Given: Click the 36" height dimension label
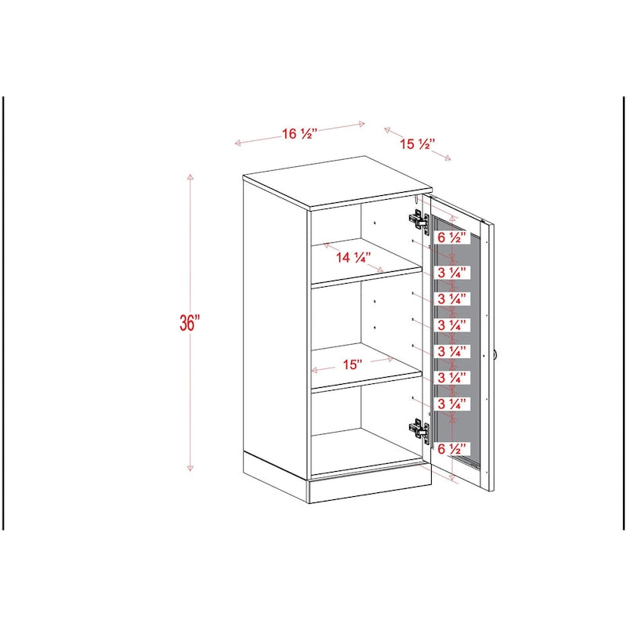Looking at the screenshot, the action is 190,323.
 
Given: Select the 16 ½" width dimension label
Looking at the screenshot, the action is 300,133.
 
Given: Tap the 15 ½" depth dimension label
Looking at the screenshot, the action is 418,143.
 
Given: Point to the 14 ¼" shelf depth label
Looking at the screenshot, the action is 354,258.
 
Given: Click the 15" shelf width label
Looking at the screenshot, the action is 352,364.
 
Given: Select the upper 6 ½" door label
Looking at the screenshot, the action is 452,237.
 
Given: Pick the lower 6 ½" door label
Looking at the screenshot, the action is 452,448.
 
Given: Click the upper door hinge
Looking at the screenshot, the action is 419,221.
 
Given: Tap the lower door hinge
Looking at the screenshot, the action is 419,429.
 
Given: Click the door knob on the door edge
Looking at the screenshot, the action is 496,355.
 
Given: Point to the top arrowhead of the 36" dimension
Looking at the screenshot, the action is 190,177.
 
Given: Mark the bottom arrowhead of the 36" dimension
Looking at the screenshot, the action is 190,468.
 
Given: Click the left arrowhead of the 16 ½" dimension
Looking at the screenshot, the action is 237,143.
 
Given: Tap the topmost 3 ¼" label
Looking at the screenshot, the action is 452,273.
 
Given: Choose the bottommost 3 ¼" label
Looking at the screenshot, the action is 452,404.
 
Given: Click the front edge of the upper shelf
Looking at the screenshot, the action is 367,278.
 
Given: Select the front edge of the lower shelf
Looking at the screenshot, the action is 367,382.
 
